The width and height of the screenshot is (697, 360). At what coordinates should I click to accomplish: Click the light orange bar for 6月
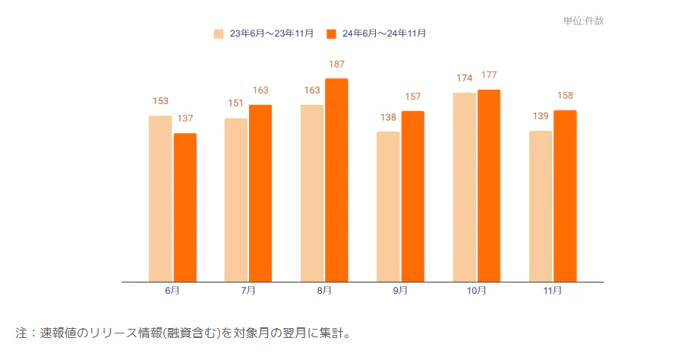pos(160,198)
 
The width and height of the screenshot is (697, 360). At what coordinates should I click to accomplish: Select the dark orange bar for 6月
pos(185,207)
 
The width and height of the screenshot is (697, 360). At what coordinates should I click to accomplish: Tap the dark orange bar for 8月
pos(336,180)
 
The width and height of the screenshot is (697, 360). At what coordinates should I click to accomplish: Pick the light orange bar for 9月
pos(388,207)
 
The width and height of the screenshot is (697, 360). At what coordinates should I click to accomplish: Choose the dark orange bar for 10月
pos(489,185)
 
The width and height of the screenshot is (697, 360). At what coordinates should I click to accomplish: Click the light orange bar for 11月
pos(541,206)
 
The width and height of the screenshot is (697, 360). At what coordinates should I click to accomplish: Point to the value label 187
pos(337,65)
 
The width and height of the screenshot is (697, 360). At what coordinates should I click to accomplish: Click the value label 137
pos(185,119)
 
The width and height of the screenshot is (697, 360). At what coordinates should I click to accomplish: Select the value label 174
pos(465,78)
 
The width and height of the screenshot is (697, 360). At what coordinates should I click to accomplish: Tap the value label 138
pos(388,118)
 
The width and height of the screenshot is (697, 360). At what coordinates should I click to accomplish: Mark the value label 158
pos(565,96)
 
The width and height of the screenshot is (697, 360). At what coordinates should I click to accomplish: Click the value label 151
pos(236,104)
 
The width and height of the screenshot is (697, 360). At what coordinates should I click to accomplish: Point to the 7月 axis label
pos(248,291)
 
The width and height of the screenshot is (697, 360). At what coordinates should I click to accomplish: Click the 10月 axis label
pos(476,291)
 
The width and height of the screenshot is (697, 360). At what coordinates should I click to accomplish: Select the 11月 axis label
pos(553,291)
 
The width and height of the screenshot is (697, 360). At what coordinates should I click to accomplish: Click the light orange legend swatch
pos(219,33)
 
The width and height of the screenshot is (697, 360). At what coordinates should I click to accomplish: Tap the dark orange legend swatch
pos(331,33)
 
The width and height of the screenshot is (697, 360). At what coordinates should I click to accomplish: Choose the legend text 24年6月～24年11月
pos(384,33)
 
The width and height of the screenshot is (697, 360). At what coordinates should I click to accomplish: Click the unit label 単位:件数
pos(583,21)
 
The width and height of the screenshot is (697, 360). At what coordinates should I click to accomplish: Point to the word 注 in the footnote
pos(21,333)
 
